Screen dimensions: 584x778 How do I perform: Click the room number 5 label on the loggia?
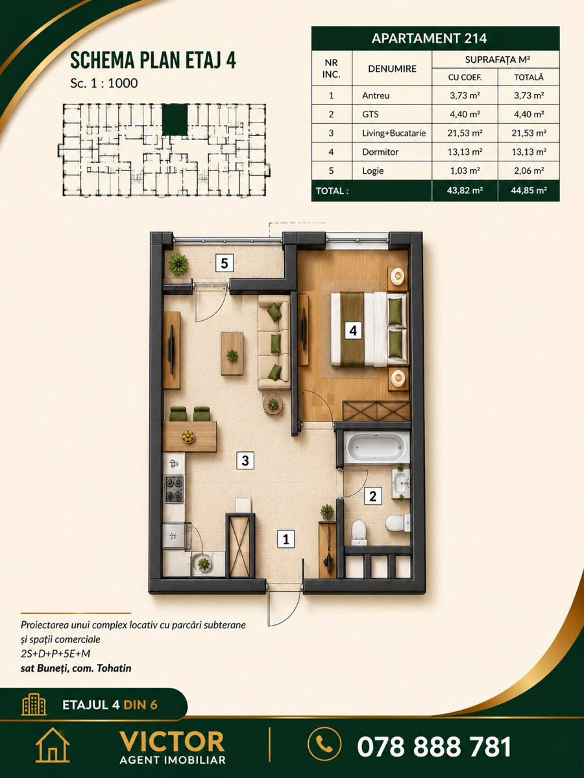[x=225, y=263]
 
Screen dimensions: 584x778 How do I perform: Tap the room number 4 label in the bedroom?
[x=353, y=331]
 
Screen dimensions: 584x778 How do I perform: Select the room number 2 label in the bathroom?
[x=372, y=496]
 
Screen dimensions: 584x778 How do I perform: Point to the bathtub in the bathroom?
[x=376, y=447]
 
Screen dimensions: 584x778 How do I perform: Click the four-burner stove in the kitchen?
[x=174, y=489]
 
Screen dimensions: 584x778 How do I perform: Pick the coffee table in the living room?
[x=232, y=353]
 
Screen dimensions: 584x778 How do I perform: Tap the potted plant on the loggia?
[x=178, y=265]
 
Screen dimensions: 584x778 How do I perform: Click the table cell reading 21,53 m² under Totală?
[x=529, y=134]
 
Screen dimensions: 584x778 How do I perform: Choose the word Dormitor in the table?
[x=380, y=152]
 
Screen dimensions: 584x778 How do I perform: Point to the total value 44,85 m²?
[x=529, y=191]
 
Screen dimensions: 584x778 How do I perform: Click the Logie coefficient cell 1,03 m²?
[x=465, y=171]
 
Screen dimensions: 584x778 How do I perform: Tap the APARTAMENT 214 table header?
[x=430, y=38]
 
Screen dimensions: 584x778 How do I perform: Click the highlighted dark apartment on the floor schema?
[x=175, y=120]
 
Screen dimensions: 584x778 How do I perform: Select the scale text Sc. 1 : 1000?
[x=104, y=83]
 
